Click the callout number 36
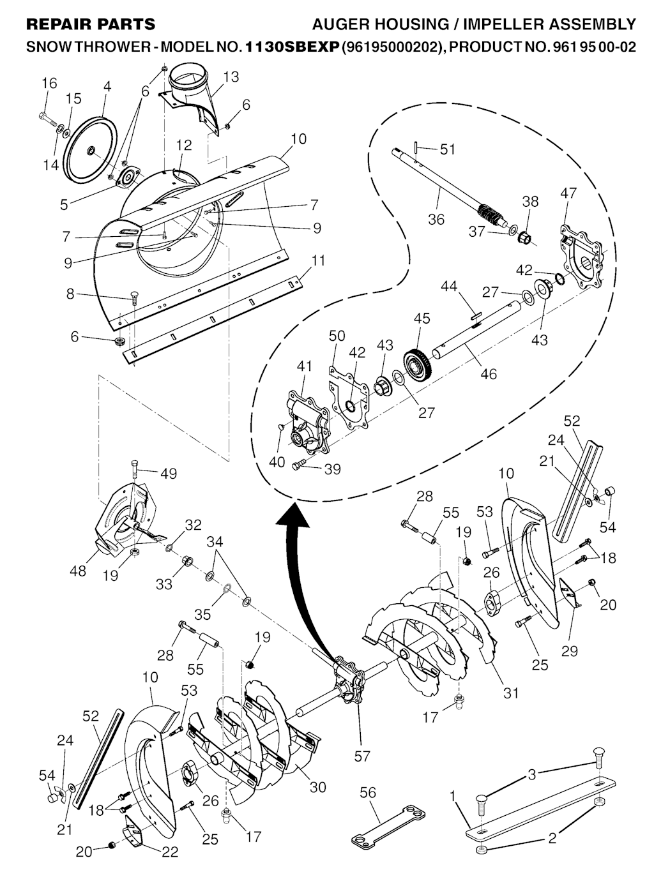(x=436, y=219)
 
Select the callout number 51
(x=447, y=149)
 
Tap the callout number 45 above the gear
(x=422, y=319)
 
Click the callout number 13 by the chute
(x=231, y=77)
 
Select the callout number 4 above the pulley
(x=107, y=86)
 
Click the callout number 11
(x=318, y=261)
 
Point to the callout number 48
(x=78, y=571)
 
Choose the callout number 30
(x=317, y=786)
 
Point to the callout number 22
(x=170, y=852)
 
